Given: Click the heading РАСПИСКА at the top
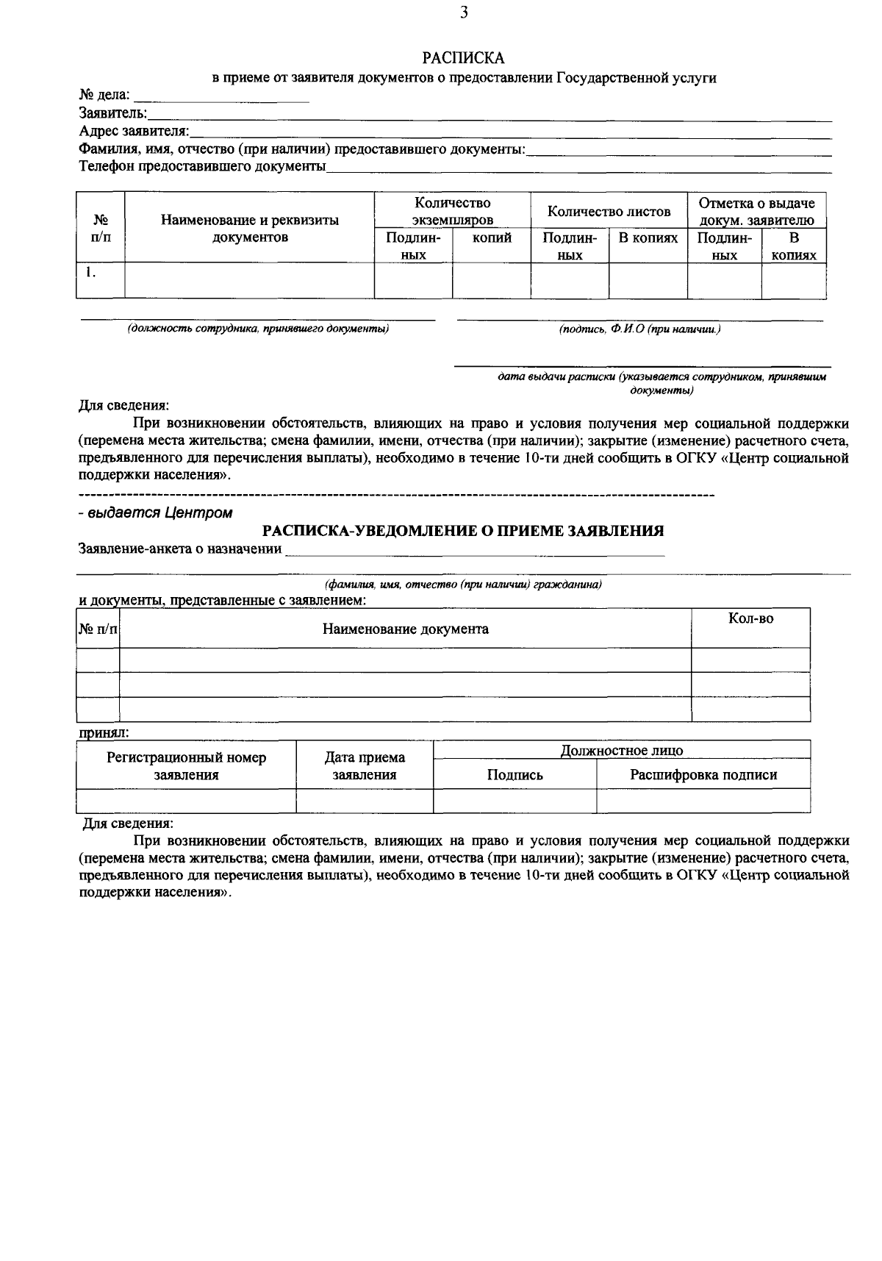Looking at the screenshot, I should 463,57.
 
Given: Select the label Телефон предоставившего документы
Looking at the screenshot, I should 202,166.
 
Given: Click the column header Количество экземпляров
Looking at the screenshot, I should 452,211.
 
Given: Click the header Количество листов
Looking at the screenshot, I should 609,212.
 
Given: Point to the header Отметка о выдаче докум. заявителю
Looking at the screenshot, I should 756,211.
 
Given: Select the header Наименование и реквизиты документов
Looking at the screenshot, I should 250,228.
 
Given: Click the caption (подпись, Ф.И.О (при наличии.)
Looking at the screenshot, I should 639,329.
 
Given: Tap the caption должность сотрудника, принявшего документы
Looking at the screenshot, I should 258,329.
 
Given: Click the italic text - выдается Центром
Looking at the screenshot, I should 156,513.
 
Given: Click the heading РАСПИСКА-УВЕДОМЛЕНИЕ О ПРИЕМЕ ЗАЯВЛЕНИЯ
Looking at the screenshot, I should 463,530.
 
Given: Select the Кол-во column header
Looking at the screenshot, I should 750,619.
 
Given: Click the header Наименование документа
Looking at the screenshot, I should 405,629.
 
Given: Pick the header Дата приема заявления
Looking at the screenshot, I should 365,765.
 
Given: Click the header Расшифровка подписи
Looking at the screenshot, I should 703,774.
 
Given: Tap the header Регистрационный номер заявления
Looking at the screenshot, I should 186,765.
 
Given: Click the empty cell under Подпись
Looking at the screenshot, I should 514,800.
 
